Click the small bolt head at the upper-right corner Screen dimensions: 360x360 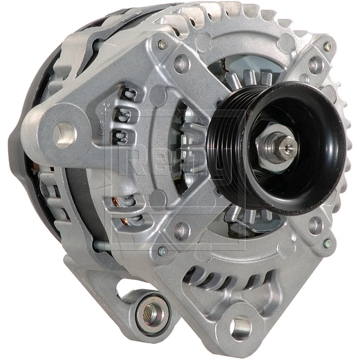point(328,47)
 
